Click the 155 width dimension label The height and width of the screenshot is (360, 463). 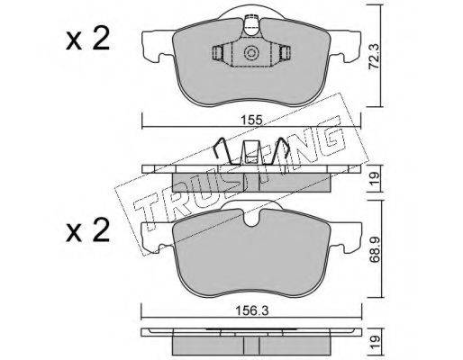[x=251, y=121]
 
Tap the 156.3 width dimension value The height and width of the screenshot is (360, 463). [x=251, y=311]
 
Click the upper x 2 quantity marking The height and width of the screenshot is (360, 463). [x=87, y=40]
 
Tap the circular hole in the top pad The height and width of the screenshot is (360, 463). [x=251, y=53]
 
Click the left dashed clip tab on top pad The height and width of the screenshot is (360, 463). [x=217, y=53]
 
